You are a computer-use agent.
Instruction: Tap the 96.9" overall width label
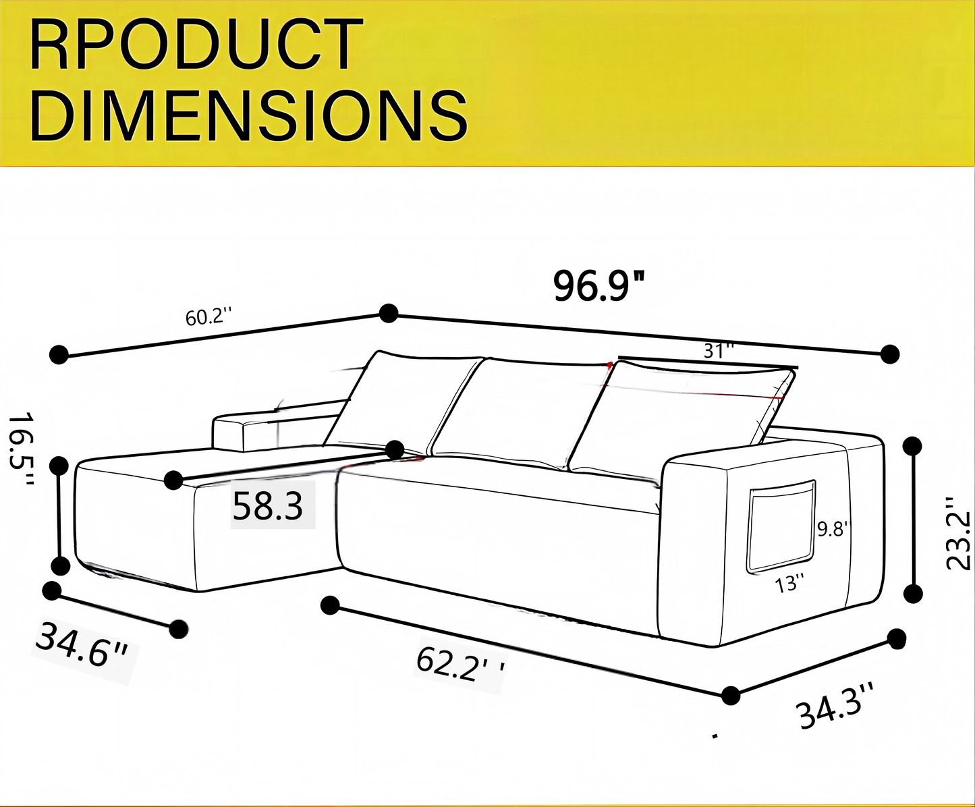click(599, 286)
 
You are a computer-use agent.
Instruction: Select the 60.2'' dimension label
click(208, 318)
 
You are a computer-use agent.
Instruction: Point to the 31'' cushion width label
click(719, 350)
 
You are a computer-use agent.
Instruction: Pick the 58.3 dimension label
click(268, 506)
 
